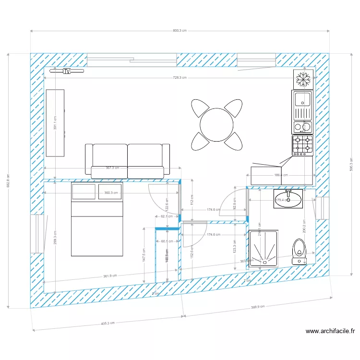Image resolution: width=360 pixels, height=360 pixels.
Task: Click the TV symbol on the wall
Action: point(67,71)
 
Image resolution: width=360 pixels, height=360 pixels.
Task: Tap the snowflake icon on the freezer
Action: point(303,79)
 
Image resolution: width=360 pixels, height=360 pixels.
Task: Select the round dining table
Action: point(216,125)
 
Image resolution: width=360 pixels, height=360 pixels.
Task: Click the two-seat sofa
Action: point(127,159)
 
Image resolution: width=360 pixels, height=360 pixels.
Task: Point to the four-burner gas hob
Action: point(302,145)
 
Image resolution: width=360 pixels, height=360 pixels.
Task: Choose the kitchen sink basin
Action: point(303,99)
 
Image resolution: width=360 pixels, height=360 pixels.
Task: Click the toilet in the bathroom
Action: point(300,252)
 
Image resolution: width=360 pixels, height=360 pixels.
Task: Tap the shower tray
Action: point(264,248)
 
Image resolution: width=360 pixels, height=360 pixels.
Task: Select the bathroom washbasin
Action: point(288,199)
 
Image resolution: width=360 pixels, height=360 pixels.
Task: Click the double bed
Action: point(97,219)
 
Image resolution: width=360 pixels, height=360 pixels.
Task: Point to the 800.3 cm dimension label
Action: point(180,31)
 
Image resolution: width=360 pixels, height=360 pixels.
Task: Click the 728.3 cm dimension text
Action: point(180,77)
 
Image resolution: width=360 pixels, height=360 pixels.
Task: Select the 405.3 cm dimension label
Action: point(108,323)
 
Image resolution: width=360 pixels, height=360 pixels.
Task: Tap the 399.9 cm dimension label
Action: point(258,307)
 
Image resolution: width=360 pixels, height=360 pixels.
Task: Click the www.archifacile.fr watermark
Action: point(330,331)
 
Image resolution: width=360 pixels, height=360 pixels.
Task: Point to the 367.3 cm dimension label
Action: point(112,168)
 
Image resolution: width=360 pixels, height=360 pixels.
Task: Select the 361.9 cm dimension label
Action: point(110,276)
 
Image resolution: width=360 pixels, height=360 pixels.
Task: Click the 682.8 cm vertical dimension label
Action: point(8,180)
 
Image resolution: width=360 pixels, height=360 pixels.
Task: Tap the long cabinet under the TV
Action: point(55,123)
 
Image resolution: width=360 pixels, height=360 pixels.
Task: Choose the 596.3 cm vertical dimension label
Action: point(351,164)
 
